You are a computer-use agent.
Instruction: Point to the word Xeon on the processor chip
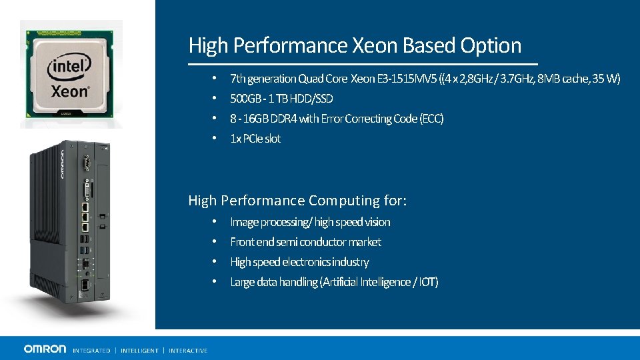(70, 90)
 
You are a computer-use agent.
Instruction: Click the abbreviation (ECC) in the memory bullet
(431, 119)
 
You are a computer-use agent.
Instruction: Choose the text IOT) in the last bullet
(428, 282)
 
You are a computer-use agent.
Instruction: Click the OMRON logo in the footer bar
(45, 349)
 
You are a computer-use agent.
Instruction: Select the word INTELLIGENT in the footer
(139, 350)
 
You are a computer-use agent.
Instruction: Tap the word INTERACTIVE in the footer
(188, 350)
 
